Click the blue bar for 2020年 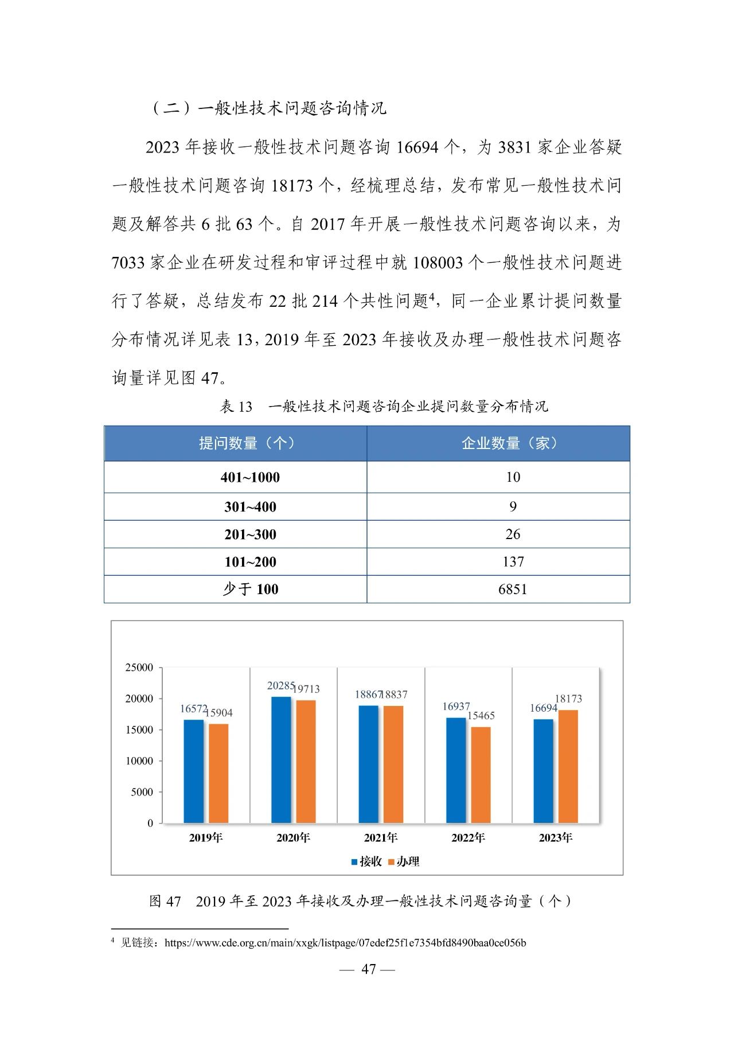pos(281,760)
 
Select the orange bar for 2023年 pos(568,766)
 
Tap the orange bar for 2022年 pos(481,775)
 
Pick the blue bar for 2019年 pos(194,771)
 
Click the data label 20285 pos(281,686)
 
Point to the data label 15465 pos(481,716)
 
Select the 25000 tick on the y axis pos(139,668)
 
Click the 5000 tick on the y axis pos(142,792)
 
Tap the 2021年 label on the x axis pos(381,838)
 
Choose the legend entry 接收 pos(366,861)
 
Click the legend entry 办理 pos(404,861)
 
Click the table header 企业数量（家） pos(509,443)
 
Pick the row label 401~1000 pos(250,477)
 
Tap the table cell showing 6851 pos(512,590)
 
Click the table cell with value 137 pos(513,562)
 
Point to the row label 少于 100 pos(250,590)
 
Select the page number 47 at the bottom pos(368,969)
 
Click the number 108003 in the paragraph pos(438,263)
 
